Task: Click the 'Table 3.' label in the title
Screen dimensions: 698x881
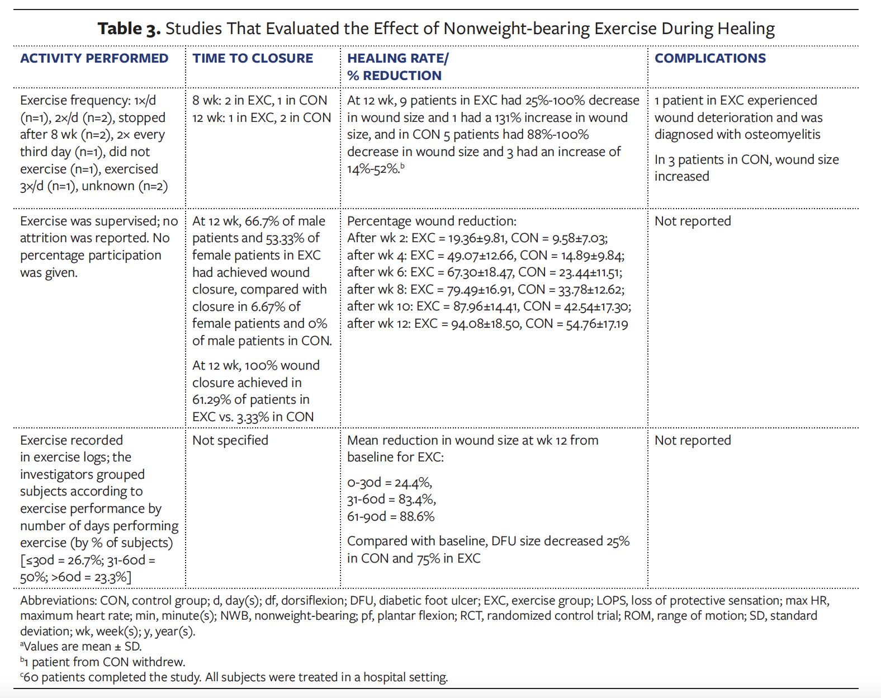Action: (x=129, y=29)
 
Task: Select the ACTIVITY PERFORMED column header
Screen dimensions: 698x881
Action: (x=94, y=58)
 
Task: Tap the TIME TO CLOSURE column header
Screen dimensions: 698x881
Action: (x=253, y=58)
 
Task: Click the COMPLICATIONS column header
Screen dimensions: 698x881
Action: (x=710, y=58)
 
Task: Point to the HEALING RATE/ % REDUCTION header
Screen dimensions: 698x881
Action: (x=397, y=67)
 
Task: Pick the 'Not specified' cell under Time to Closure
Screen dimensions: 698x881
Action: (x=230, y=441)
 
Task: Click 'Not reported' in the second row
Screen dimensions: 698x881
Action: (x=693, y=221)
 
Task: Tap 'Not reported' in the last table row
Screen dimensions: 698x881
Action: (x=693, y=441)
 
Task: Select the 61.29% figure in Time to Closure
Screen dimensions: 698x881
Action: (x=211, y=400)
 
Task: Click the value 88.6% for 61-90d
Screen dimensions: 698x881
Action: (x=416, y=517)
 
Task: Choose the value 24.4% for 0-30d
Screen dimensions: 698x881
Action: (x=413, y=483)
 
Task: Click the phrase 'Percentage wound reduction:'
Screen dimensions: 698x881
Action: (x=432, y=221)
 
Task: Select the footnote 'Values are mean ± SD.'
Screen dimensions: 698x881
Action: (x=82, y=647)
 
